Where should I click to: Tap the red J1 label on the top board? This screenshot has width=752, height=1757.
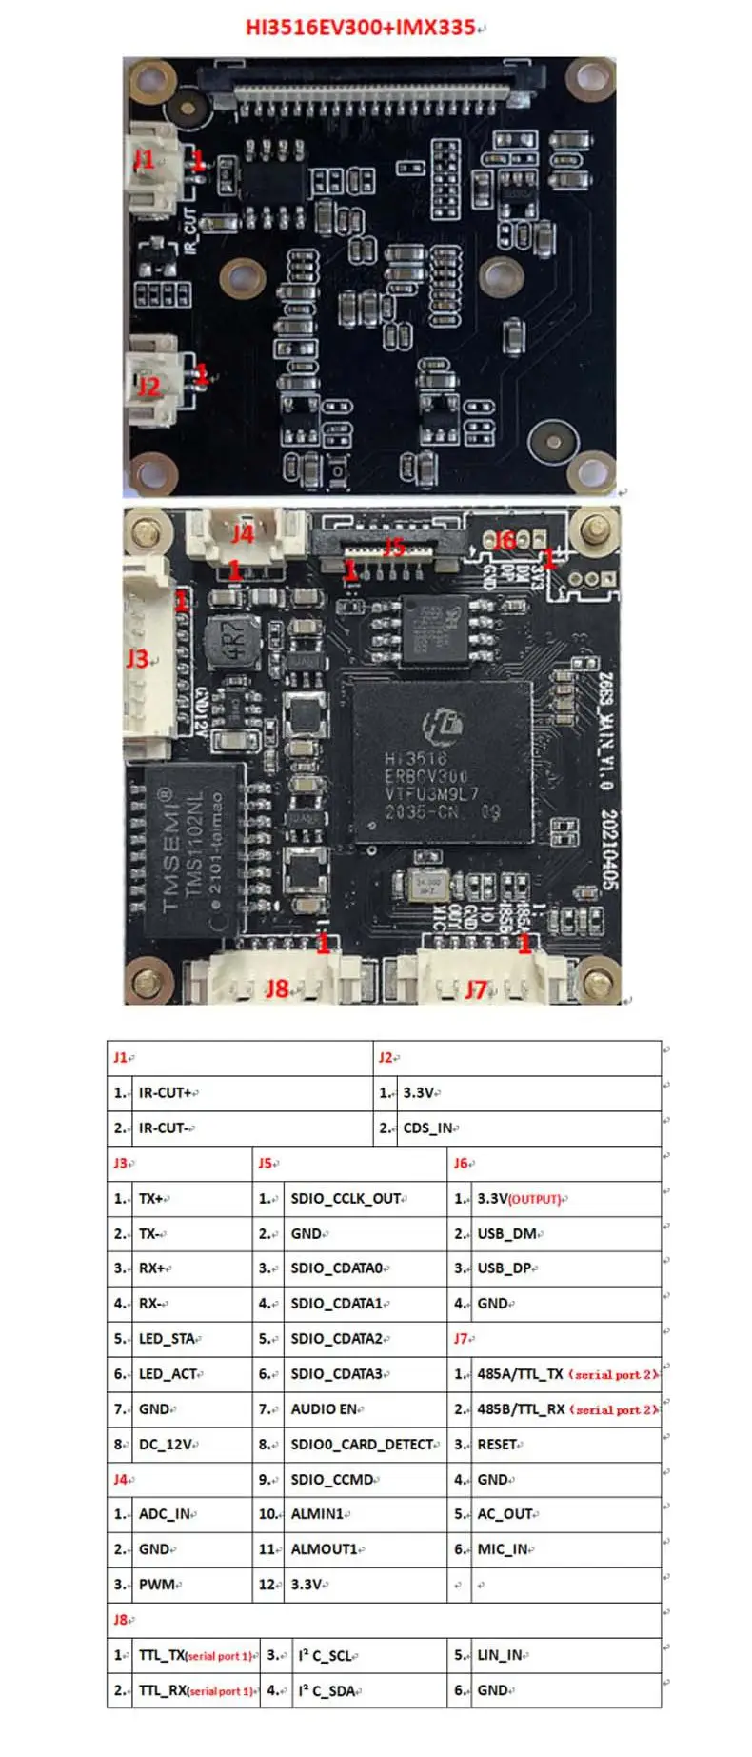tap(144, 159)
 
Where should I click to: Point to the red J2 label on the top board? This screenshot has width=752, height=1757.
tap(148, 386)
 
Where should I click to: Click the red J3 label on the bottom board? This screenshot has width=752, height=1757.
tap(137, 658)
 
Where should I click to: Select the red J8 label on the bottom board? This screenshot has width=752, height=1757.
tap(276, 988)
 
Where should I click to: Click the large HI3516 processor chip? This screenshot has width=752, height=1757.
tap(442, 761)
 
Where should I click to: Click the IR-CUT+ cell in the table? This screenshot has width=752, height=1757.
tap(167, 1093)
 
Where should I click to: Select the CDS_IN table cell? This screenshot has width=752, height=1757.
tap(427, 1128)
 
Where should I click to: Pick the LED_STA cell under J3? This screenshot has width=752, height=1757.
tap(168, 1339)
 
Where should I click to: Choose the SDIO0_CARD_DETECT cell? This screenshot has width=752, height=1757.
tap(362, 1445)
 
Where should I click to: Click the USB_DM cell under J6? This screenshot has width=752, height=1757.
tap(507, 1234)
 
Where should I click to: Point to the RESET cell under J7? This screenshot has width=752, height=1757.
tap(497, 1445)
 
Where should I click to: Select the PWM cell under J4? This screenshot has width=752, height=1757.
tap(157, 1585)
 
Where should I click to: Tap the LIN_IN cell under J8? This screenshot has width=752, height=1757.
tap(500, 1655)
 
